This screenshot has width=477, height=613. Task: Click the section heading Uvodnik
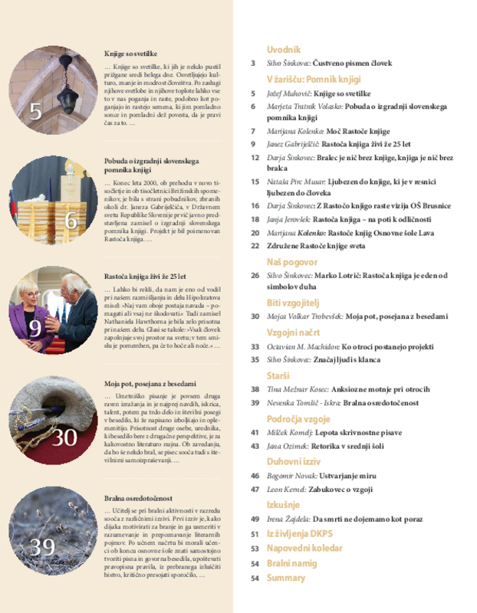pyautogui.click(x=283, y=49)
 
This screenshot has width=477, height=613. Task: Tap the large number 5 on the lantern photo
pyautogui.click(x=37, y=113)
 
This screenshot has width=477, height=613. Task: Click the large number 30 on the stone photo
pyautogui.click(x=65, y=438)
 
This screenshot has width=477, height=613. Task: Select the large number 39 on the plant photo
pyautogui.click(x=43, y=546)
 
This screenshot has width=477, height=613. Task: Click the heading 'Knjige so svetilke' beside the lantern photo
pyautogui.click(x=130, y=54)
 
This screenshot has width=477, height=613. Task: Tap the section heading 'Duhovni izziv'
pyautogui.click(x=292, y=462)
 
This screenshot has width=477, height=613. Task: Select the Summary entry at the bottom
pyautogui.click(x=285, y=578)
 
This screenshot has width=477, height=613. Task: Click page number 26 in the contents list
pyautogui.click(x=254, y=275)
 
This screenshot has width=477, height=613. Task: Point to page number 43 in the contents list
pyautogui.click(x=254, y=446)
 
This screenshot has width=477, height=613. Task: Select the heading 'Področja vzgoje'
pyautogui.click(x=298, y=419)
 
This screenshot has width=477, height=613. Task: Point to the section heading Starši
pyautogui.click(x=278, y=376)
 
